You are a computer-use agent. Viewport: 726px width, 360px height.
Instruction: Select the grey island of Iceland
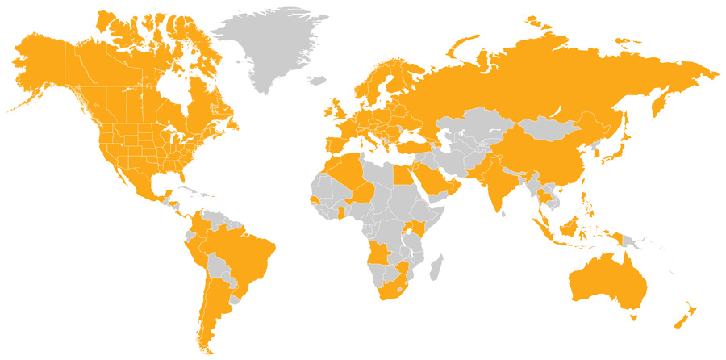(x=316, y=80)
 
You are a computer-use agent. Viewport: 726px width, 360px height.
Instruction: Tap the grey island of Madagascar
(x=436, y=267)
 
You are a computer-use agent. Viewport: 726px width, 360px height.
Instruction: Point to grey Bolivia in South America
(x=218, y=266)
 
